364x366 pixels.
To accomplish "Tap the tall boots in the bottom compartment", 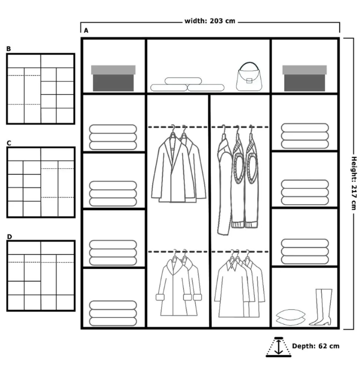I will click(x=321, y=307).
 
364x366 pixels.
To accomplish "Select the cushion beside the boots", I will click(x=290, y=315).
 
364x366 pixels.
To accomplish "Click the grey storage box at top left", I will click(x=113, y=78).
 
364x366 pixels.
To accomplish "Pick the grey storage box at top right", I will click(x=305, y=78).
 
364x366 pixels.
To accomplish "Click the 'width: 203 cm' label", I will click(x=210, y=21).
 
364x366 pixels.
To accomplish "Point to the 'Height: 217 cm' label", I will click(x=354, y=184).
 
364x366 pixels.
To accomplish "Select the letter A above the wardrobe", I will click(x=86, y=30).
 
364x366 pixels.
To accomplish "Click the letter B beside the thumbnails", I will click(x=8, y=49).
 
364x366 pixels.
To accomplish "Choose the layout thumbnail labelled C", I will click(x=40, y=182).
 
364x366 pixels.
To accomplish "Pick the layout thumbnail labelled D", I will click(x=40, y=276).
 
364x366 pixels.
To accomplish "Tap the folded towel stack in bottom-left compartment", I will click(x=113, y=313).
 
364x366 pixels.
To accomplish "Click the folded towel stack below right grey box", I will click(x=305, y=136).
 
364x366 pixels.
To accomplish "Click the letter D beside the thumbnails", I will click(x=9, y=237).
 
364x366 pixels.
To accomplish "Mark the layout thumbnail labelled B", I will click(x=40, y=89).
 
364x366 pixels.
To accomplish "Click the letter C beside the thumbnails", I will click(x=9, y=143).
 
